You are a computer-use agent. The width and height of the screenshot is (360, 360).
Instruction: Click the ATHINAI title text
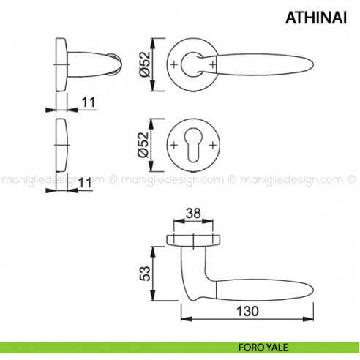point(316,18)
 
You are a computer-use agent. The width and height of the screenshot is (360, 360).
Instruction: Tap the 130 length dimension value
point(247,311)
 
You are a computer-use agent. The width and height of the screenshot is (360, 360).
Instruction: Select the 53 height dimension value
point(145,274)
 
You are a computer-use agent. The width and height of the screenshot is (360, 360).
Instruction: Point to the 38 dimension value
point(193,213)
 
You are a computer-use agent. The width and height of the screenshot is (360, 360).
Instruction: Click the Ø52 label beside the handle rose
point(146,64)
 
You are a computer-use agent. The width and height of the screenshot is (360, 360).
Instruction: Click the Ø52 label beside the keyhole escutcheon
point(143,145)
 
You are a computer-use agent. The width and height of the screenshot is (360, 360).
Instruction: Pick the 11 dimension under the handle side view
point(88,102)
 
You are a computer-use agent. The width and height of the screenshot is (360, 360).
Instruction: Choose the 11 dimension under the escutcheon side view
point(84,183)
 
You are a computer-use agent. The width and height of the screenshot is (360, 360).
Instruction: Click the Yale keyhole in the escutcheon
point(193,145)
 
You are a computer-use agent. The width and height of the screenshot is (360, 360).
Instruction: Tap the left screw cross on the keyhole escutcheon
point(174,145)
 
